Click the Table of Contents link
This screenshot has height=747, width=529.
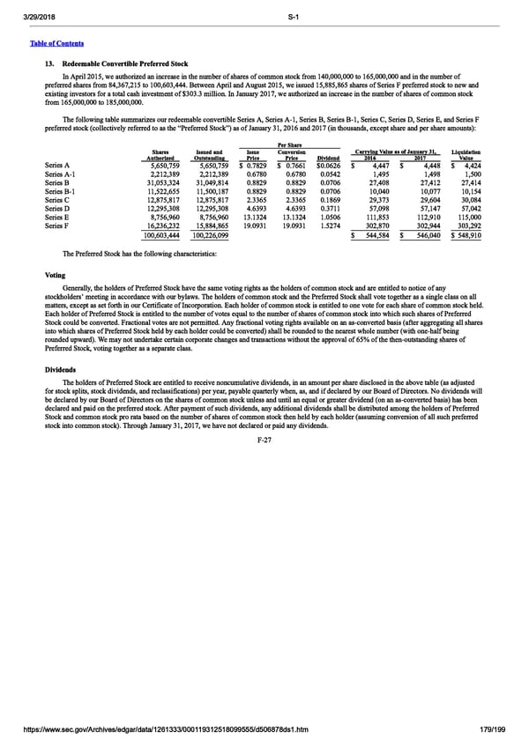[x=60, y=43]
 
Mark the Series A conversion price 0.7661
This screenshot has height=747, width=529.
[x=289, y=164]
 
